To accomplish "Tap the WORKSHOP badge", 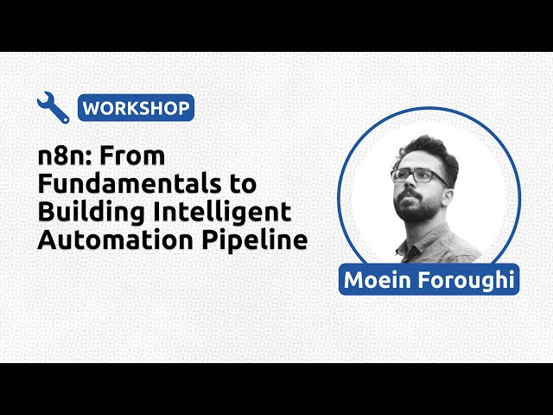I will [136, 109].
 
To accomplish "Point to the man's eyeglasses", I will [418, 176].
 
